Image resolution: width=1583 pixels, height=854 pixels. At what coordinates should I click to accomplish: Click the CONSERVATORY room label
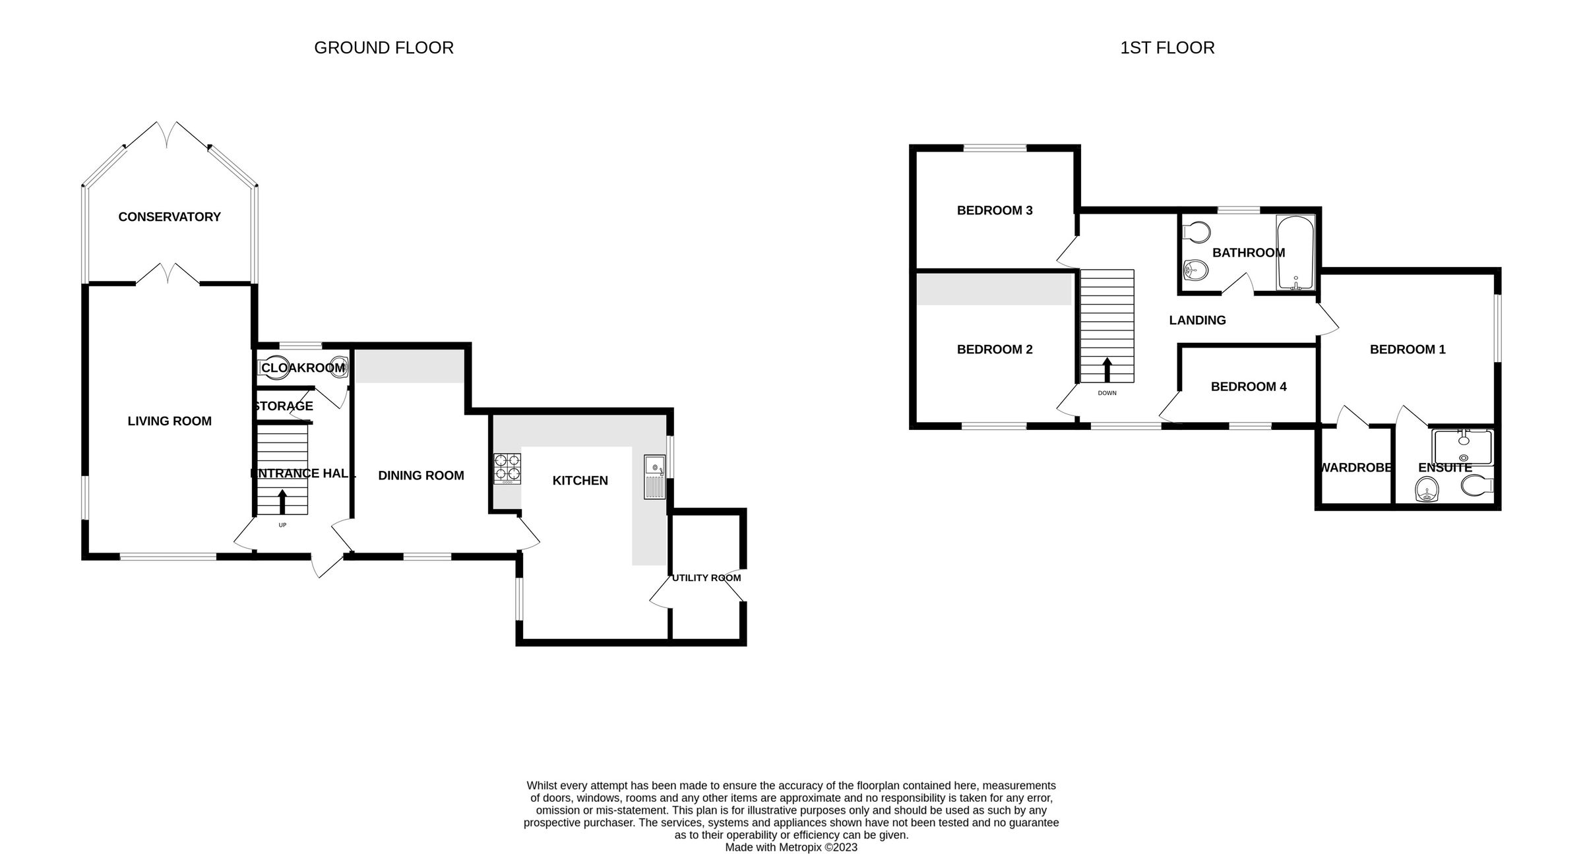170,217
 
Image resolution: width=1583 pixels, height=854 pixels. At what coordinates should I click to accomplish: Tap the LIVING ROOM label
170,421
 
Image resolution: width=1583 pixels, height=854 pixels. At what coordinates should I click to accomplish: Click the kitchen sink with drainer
655,476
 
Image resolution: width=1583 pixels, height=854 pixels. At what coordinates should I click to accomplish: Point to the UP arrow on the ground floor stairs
282,502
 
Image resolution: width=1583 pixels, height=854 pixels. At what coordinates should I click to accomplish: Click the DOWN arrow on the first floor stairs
1107,370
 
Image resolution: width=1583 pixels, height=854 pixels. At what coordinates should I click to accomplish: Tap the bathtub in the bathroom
1296,253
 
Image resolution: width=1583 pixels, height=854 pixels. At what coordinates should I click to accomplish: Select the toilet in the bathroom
1197,232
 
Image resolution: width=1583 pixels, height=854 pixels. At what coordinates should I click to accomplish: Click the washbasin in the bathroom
1195,269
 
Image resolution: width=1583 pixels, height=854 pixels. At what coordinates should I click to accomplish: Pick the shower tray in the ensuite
1462,448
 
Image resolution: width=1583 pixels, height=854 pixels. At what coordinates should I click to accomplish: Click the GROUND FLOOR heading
384,48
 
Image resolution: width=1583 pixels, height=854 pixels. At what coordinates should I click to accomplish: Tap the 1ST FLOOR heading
1167,48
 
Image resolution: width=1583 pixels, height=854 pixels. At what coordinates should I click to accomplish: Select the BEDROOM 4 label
1249,387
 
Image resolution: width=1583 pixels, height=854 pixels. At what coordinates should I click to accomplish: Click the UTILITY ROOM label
706,578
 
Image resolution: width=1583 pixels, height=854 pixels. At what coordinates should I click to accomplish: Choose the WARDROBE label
1355,468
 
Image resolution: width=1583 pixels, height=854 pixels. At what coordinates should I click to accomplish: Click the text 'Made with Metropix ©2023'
791,847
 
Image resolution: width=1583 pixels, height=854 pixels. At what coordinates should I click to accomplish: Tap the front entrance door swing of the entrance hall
326,566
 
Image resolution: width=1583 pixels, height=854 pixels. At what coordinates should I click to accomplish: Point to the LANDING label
1197,320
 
